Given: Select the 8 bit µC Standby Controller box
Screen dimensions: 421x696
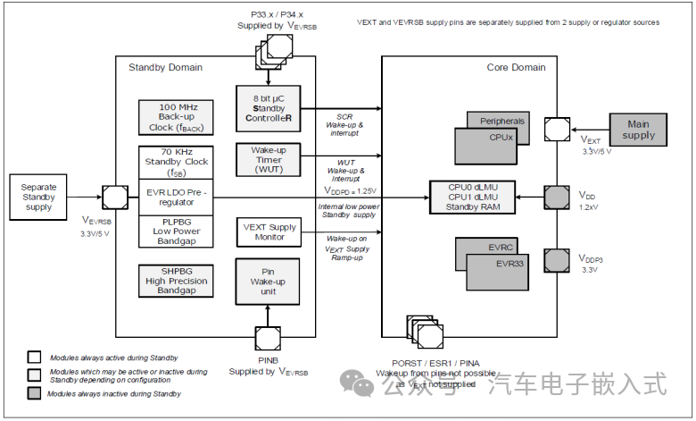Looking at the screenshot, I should click(268, 107).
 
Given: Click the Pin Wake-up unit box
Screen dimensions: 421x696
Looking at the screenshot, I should click(268, 282).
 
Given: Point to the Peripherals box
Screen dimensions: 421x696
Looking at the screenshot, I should click(502, 122).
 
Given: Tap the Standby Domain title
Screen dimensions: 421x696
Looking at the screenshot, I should click(165, 67).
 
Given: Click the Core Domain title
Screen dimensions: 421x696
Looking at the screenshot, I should click(515, 67).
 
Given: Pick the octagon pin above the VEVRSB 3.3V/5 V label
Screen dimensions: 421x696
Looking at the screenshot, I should click(116, 196).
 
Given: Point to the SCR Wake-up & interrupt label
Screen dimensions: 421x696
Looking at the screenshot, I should click(344, 123).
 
